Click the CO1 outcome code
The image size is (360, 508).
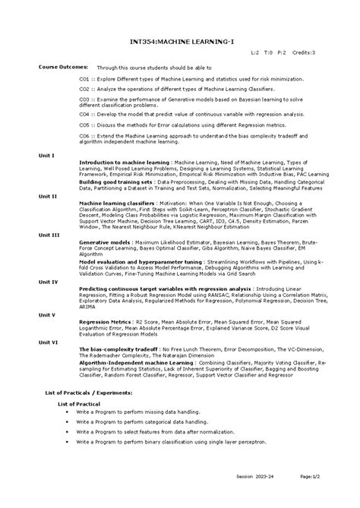[85, 77]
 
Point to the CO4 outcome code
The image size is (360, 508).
[85, 113]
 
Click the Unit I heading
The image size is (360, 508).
[48, 156]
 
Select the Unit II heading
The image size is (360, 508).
[49, 196]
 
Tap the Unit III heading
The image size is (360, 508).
[49, 235]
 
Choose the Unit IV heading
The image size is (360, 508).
[49, 260]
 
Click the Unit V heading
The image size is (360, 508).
[48, 292]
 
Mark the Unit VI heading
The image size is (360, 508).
[49, 320]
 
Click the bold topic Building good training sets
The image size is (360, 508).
[115, 182]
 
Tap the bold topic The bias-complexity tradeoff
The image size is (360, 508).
[119, 327]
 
